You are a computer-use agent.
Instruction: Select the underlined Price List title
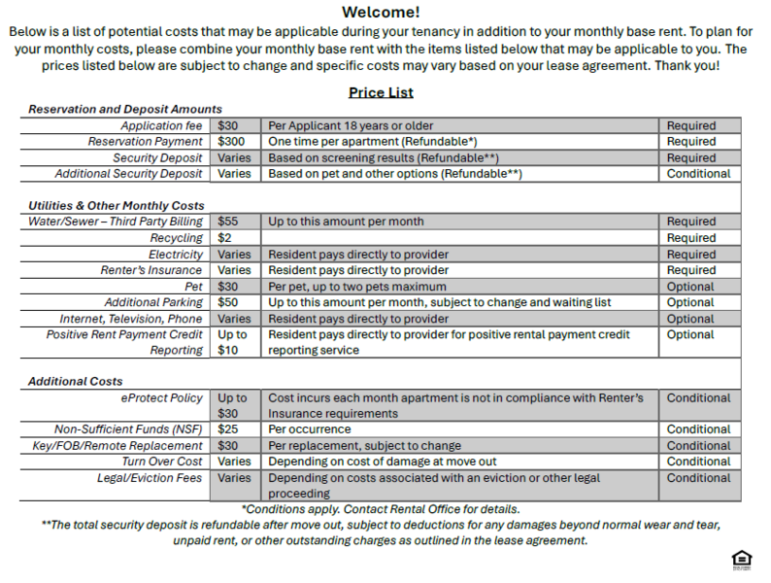pyautogui.click(x=381, y=92)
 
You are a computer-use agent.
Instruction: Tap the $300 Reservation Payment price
pyautogui.click(x=231, y=142)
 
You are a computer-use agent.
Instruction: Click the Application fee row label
pyautogui.click(x=161, y=126)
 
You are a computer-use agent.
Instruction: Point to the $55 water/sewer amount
pyautogui.click(x=228, y=222)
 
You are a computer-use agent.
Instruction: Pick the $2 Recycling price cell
pyautogui.click(x=224, y=238)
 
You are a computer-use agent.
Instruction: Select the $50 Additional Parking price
pyautogui.click(x=228, y=302)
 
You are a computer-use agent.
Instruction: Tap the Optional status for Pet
pyautogui.click(x=690, y=287)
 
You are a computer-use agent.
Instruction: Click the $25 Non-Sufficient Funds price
pyautogui.click(x=228, y=429)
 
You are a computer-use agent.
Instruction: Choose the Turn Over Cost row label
pyautogui.click(x=162, y=462)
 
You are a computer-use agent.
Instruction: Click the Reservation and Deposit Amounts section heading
pyautogui.click(x=125, y=110)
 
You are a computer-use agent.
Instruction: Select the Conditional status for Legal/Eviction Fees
pyautogui.click(x=698, y=478)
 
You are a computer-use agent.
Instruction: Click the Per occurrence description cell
pyautogui.click(x=310, y=429)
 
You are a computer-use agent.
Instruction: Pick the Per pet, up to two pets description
pyautogui.click(x=357, y=287)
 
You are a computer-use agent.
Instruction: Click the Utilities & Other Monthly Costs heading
pyautogui.click(x=117, y=206)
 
